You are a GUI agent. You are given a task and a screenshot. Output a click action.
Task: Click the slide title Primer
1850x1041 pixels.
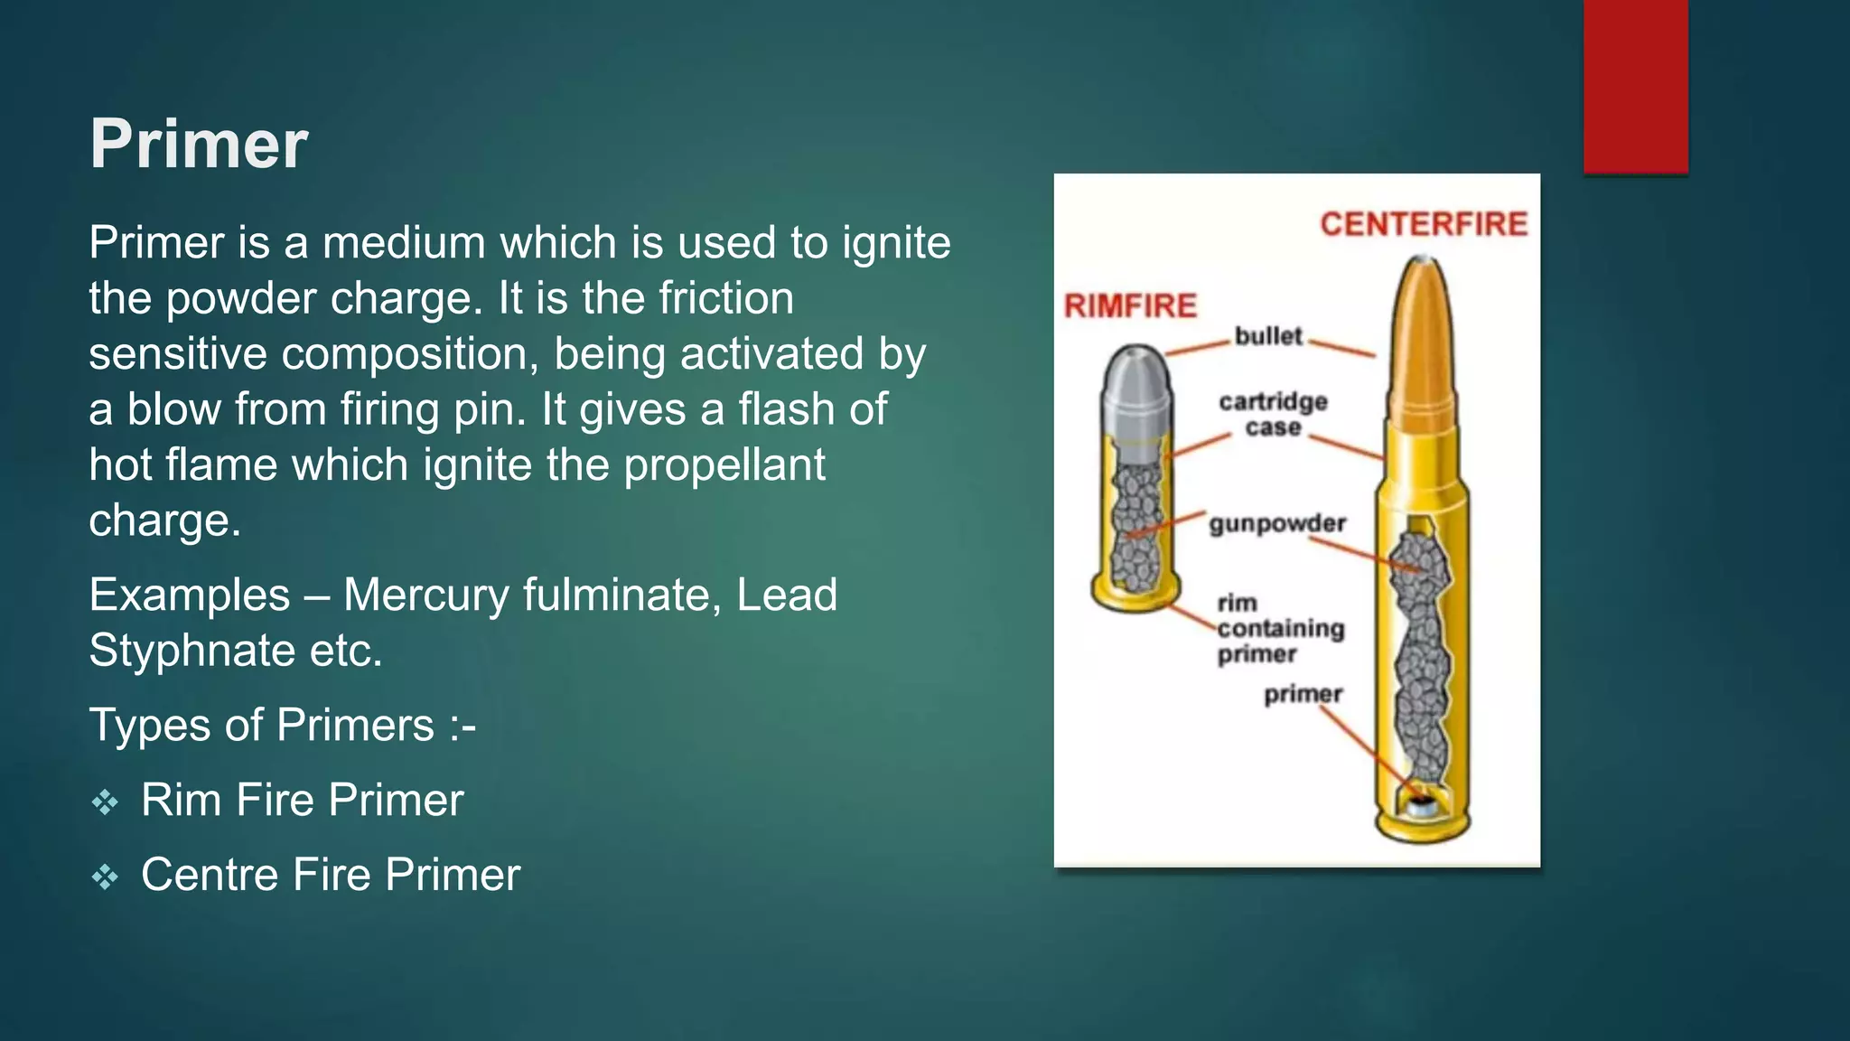(x=199, y=145)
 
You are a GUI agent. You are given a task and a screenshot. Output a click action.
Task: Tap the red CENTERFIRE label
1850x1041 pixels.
(x=1423, y=224)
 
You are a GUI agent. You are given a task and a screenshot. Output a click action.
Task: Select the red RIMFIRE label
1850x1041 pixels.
(x=1130, y=306)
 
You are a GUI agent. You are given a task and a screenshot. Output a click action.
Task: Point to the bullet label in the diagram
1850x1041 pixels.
(x=1268, y=336)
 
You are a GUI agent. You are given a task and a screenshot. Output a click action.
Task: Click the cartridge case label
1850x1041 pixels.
(x=1273, y=414)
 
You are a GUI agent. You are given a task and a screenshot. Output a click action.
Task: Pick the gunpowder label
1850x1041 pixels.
(x=1277, y=524)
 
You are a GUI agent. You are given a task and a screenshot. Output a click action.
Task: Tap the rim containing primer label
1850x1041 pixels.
(x=1280, y=628)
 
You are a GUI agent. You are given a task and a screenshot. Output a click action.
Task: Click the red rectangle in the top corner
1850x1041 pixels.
(x=1635, y=86)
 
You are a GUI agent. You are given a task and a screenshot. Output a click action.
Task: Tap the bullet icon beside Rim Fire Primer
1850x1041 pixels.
(x=105, y=802)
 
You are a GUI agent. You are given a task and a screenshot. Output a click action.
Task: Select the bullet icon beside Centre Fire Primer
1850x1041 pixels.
(x=105, y=877)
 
